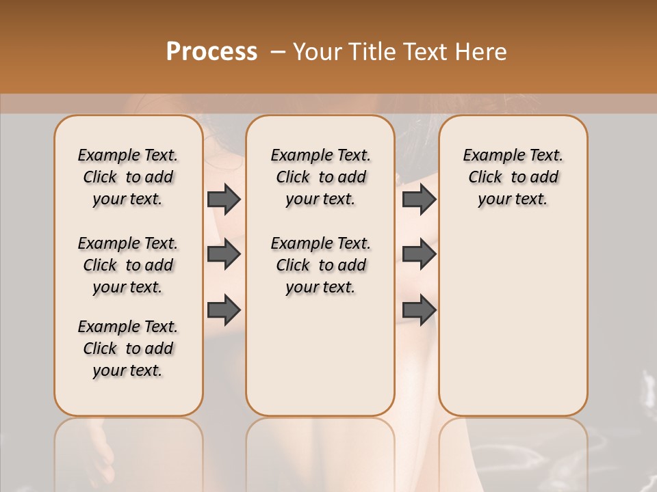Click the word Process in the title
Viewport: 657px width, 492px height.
(211, 52)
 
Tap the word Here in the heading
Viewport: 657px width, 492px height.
(482, 52)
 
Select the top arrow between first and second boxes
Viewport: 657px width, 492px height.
(224, 199)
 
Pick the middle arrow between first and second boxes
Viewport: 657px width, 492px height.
(224, 254)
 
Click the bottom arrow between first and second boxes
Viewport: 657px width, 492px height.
(224, 310)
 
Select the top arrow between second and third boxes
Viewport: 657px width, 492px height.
(419, 199)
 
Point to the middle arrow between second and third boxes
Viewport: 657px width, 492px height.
(419, 254)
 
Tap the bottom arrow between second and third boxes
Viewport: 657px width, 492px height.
(419, 310)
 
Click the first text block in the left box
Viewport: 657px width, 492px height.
(128, 177)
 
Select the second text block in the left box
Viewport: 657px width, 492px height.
(128, 265)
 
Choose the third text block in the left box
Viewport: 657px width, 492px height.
(128, 348)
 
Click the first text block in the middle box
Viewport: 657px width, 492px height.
(321, 177)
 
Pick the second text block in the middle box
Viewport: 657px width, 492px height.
(321, 265)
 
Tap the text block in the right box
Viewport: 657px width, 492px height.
(513, 177)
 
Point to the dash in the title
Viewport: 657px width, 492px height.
(278, 52)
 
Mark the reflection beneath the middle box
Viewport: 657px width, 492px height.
(320, 451)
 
